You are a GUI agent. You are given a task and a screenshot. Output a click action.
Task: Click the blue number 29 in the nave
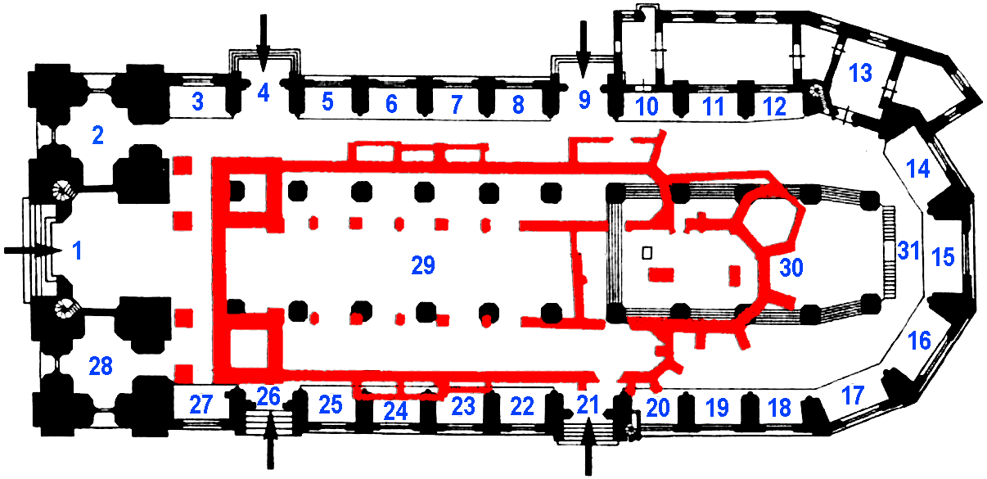423,265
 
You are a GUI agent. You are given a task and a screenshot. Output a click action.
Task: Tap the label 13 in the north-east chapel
860,73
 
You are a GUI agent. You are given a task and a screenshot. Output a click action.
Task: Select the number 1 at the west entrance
78,251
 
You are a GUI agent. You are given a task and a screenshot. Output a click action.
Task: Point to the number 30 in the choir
791,268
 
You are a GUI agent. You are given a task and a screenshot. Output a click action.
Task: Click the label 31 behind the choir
908,251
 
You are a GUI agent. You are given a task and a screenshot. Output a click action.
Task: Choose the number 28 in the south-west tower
101,366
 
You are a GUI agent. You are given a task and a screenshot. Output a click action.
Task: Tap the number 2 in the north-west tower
98,135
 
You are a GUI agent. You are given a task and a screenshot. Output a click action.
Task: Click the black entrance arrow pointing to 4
264,43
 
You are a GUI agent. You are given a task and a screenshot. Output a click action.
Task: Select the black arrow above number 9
584,49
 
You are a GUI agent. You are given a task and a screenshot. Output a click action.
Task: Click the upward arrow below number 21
588,447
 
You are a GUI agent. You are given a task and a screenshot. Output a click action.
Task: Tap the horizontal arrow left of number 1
33,251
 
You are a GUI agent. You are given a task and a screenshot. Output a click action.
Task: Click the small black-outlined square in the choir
647,253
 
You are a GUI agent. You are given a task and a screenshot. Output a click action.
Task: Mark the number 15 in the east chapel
943,257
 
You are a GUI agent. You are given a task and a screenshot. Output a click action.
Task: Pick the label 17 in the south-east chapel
853,395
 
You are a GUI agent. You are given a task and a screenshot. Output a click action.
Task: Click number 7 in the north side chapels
457,105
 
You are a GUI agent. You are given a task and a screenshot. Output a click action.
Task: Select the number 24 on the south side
395,412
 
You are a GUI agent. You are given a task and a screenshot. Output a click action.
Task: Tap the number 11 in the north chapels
714,106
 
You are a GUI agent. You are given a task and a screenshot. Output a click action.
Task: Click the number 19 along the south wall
718,408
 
